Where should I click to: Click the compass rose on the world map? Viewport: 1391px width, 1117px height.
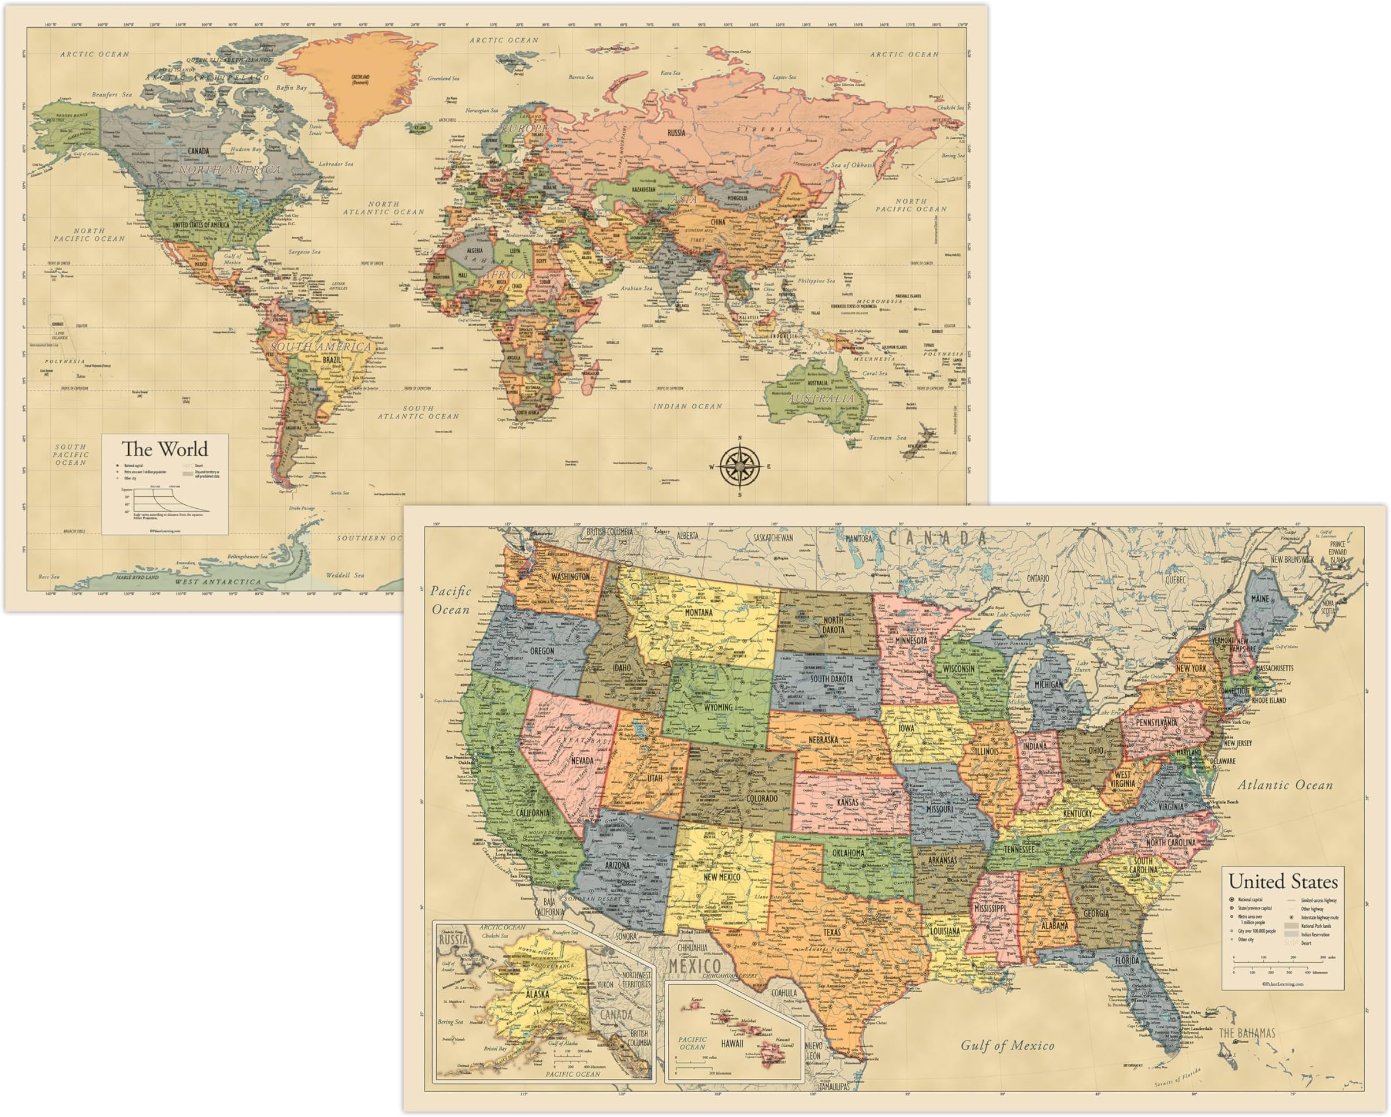pos(740,466)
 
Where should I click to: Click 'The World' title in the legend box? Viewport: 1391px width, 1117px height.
pos(165,449)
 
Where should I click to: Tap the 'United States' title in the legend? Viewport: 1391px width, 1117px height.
pos(1282,881)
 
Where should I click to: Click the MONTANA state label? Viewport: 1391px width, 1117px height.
pos(699,612)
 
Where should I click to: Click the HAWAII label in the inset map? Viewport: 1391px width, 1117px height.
pos(732,1043)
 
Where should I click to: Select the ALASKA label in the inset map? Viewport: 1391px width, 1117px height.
pos(537,994)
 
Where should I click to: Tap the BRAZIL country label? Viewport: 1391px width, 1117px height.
pos(332,360)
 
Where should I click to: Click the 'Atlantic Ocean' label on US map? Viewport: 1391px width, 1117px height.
pos(1285,785)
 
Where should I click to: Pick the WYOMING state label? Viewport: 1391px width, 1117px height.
pos(718,707)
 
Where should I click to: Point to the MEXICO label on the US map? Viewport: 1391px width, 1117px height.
pos(694,966)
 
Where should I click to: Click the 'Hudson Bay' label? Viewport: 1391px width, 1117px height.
pos(246,149)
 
